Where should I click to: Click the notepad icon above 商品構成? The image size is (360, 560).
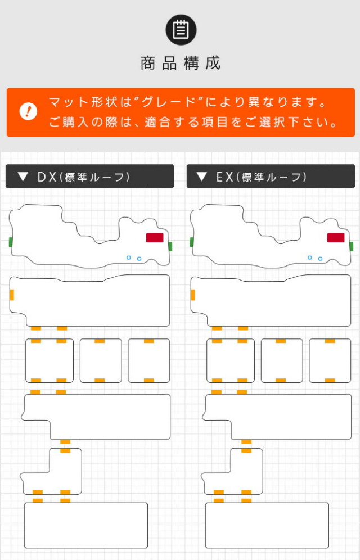(x=181, y=30)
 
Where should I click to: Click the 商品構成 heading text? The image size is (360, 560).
(x=181, y=63)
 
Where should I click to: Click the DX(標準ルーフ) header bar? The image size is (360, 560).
(x=89, y=177)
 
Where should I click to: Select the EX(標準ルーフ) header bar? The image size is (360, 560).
(x=271, y=177)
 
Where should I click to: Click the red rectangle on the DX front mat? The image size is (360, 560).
(x=155, y=237)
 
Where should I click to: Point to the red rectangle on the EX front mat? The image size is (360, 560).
(x=336, y=237)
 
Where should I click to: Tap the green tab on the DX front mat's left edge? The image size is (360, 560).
(x=11, y=242)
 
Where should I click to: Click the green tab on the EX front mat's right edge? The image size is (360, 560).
(x=352, y=246)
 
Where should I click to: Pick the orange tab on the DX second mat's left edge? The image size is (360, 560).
(x=12, y=295)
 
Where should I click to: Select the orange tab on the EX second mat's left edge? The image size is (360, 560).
(x=193, y=295)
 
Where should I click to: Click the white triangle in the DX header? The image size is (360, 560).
(x=22, y=177)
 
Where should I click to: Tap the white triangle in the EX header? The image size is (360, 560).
(x=202, y=177)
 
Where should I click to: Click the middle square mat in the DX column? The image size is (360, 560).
(x=101, y=361)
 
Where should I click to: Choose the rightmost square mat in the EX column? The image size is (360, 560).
(x=330, y=361)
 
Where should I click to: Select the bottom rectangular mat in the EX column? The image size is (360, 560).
(x=267, y=525)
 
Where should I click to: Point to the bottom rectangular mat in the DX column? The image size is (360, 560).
(x=86, y=525)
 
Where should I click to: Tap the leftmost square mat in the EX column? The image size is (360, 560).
(x=231, y=361)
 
